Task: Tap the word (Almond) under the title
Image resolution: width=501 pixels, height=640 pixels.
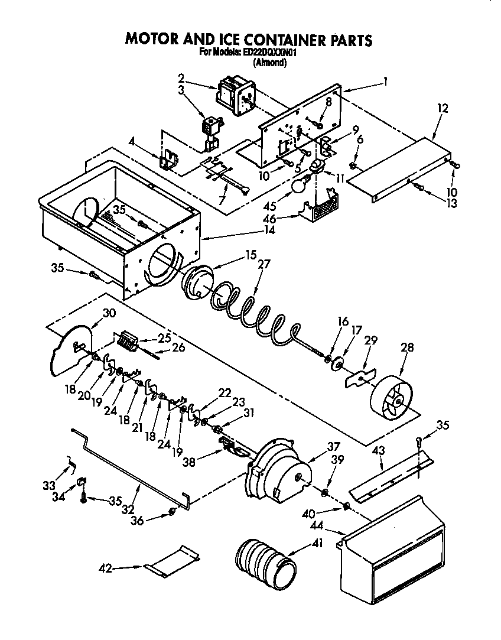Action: pos(269,62)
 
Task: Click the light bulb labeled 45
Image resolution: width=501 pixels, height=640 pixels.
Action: pos(300,186)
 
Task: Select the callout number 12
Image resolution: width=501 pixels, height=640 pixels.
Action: pos(443,108)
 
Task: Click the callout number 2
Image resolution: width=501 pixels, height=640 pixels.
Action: pos(181,77)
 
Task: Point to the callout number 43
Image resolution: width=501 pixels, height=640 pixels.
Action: pos(379,450)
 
